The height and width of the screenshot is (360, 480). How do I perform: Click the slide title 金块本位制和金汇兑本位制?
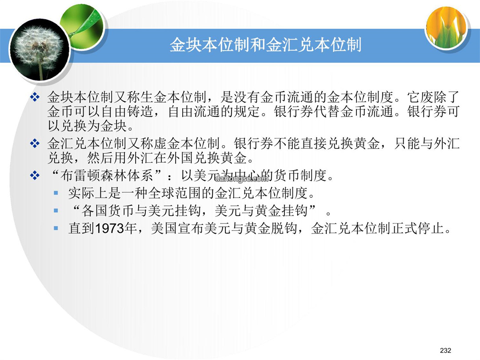tap(265, 45)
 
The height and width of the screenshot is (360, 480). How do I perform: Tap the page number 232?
tap(445, 350)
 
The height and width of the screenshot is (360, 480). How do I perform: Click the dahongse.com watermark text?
tap(242, 179)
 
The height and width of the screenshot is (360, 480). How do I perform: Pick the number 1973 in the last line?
tap(109, 228)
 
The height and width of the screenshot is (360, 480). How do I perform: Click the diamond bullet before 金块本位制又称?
tap(35, 97)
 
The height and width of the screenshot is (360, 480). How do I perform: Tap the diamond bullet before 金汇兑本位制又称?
tap(35, 143)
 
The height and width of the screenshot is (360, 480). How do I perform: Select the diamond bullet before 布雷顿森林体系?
tap(35, 176)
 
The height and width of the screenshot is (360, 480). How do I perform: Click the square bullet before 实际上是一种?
tap(56, 193)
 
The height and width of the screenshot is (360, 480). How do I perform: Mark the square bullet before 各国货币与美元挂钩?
tap(56, 210)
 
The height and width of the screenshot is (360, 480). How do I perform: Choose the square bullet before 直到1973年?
tap(56, 228)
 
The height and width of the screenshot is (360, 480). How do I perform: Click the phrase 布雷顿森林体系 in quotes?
tap(107, 176)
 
